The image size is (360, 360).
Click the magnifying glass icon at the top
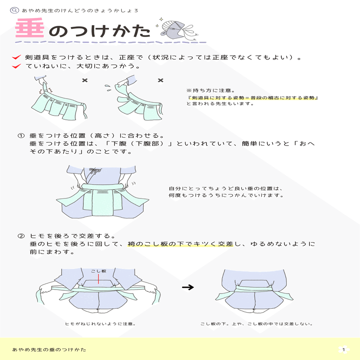(x=15, y=11)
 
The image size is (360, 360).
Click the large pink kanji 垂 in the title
(x=29, y=30)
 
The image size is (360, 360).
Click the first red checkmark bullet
(x=16, y=57)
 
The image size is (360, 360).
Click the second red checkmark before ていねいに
(x=16, y=66)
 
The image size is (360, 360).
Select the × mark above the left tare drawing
(x=85, y=81)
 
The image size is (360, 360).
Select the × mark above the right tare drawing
(x=160, y=81)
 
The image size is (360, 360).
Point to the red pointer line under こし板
(x=99, y=280)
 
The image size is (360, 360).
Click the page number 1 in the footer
(x=343, y=350)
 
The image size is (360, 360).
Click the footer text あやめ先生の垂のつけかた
(x=49, y=350)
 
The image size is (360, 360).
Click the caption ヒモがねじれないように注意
(x=101, y=324)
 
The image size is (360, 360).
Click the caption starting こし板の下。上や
(x=256, y=324)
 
